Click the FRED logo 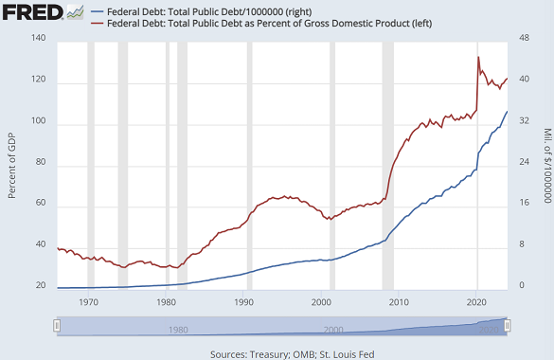click(33, 12)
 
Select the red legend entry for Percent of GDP click(261, 23)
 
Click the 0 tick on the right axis click(518, 286)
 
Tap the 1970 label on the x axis click(88, 302)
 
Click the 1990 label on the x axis click(243, 302)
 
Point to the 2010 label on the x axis click(399, 302)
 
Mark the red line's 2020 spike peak click(478, 58)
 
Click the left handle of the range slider click(57, 326)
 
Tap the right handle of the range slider click(509, 326)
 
